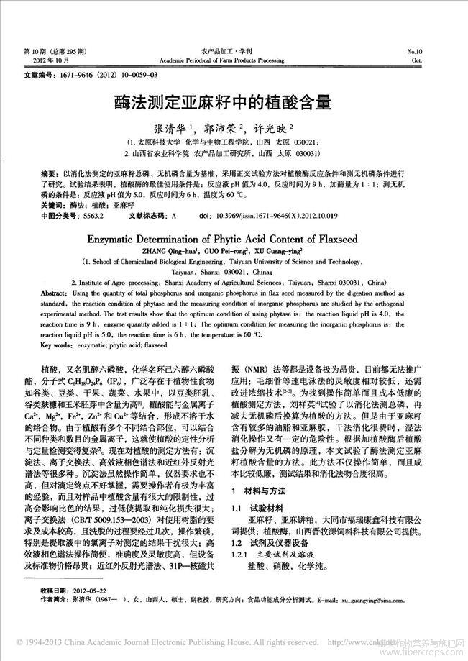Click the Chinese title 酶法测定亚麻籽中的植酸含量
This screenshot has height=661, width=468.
click(234, 101)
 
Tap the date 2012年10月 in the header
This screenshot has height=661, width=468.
click(39, 60)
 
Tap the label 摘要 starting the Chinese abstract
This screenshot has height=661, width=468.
click(31, 175)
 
